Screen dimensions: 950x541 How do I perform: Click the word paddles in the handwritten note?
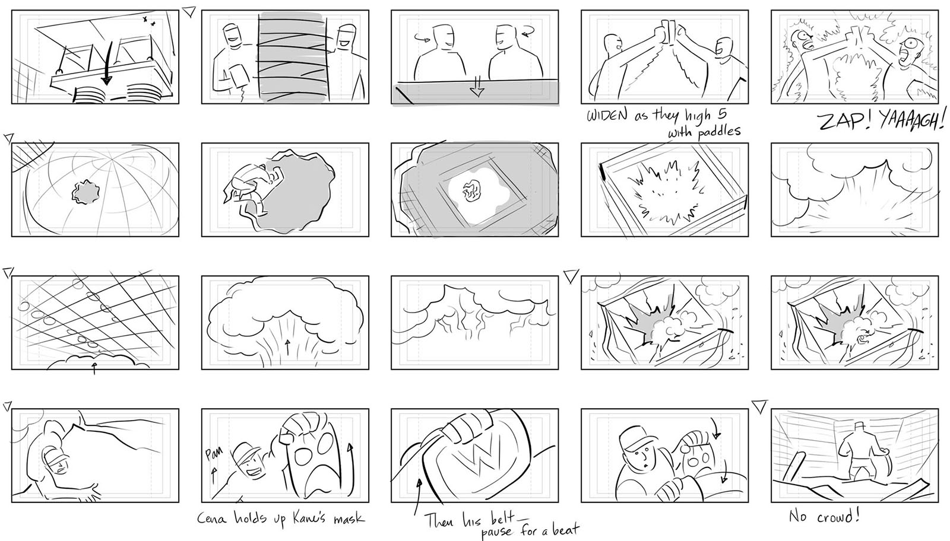click(716, 132)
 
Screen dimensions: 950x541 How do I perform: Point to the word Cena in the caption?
click(212, 518)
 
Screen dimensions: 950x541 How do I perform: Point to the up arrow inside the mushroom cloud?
click(288, 346)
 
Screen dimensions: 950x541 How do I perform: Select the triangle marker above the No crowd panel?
click(759, 406)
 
